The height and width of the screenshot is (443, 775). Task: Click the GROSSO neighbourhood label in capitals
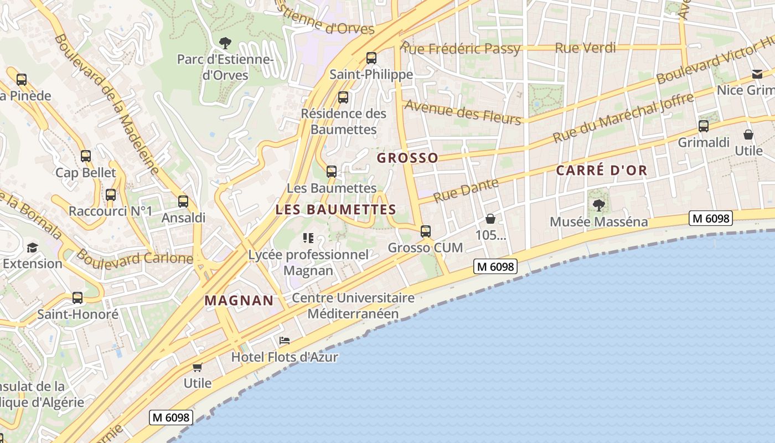coord(407,158)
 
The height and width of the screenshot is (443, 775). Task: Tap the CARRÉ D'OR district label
coord(601,171)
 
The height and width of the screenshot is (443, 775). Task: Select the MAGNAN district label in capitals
coord(239,301)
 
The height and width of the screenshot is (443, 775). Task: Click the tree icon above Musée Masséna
coord(598,205)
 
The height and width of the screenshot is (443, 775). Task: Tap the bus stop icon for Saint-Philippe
coord(371,58)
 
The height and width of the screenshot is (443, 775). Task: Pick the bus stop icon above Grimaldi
coord(704,126)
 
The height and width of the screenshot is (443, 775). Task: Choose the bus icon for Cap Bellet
coord(86,156)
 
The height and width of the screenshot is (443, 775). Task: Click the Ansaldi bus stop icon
coord(183,202)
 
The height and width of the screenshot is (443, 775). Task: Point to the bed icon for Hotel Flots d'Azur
coord(285,340)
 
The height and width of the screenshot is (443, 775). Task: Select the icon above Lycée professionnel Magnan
coord(308,238)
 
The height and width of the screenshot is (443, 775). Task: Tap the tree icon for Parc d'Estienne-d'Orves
coord(225,43)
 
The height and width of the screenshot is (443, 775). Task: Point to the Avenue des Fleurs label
coord(462,111)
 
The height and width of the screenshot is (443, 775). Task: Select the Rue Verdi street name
coord(585,48)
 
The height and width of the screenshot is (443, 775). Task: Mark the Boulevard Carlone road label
coord(135,257)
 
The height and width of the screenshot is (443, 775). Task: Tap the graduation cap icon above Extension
coord(33,248)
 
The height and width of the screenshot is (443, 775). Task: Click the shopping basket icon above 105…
coord(490,219)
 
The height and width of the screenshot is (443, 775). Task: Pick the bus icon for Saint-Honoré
coord(77,298)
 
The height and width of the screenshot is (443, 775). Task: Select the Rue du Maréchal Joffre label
coord(623,118)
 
